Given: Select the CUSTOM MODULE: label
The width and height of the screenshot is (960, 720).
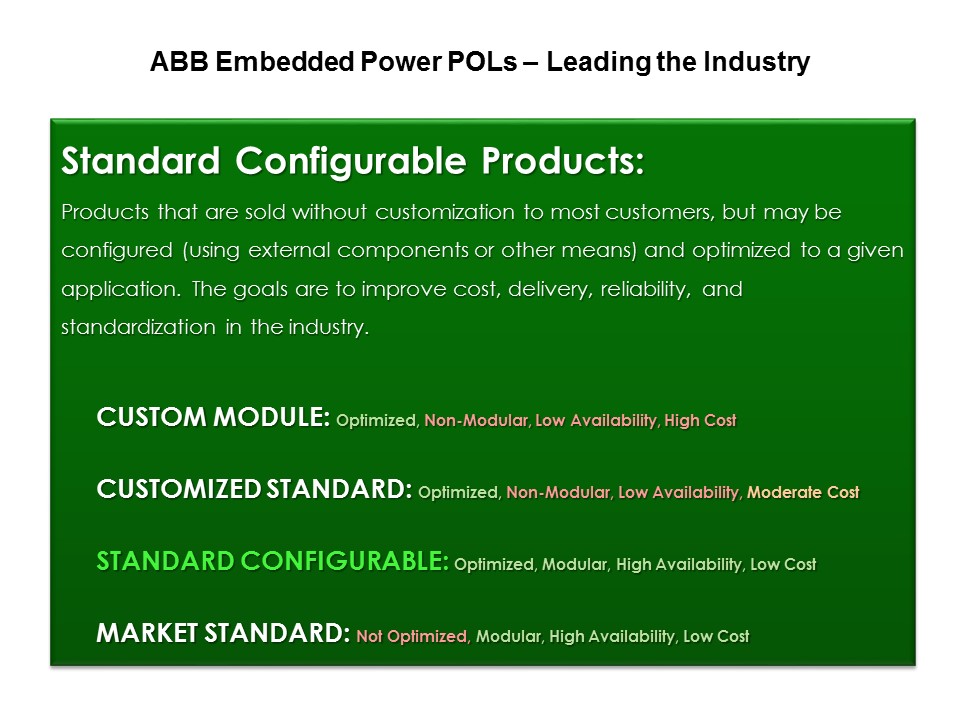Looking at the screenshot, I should tap(212, 419).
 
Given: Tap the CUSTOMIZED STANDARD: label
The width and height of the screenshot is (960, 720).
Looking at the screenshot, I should tap(253, 491).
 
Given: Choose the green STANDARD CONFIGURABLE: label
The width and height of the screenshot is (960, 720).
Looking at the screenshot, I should tap(272, 563).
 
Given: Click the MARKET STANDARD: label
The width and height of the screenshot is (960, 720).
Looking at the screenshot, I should tap(223, 635).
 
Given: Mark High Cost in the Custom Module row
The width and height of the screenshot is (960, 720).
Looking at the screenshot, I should tap(700, 421).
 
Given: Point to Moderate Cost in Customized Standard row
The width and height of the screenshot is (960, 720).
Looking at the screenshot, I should tap(803, 493).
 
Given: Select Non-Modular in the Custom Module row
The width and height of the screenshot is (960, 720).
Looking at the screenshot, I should tap(476, 421).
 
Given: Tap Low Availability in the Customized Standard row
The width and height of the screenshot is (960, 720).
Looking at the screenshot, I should tap(679, 493).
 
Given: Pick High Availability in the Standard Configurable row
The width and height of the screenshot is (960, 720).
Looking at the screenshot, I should tap(679, 565).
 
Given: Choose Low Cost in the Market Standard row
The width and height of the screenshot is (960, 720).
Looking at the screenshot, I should tap(716, 637).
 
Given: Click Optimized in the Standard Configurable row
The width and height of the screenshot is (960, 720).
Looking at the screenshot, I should tap(494, 565).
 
